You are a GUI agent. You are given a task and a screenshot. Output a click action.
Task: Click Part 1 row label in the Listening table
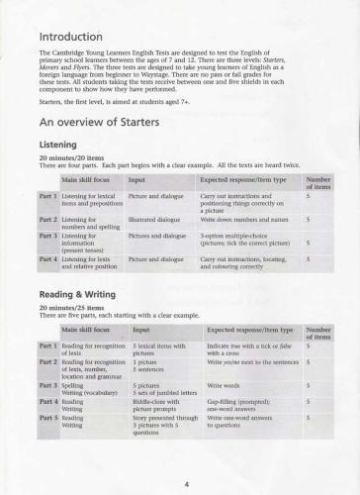[x=47, y=198]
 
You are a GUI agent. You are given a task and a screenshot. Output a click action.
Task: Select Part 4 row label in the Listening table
[x=47, y=258]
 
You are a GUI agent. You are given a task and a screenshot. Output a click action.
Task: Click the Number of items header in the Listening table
[x=318, y=183]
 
